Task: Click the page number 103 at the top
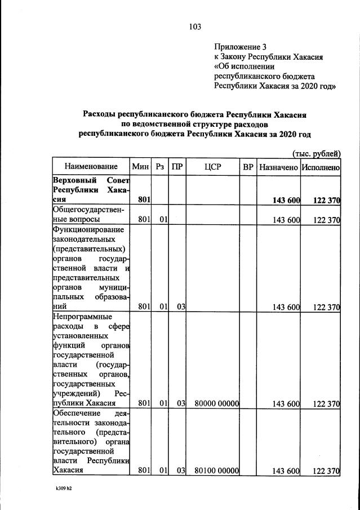195,26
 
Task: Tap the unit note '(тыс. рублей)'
316,153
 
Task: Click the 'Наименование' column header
91,167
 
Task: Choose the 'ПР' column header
177,167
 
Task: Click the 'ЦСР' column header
213,167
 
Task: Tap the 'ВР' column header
247,167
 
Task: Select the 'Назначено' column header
278,167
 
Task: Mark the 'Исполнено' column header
320,167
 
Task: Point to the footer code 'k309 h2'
59,489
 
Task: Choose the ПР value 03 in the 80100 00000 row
180,471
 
